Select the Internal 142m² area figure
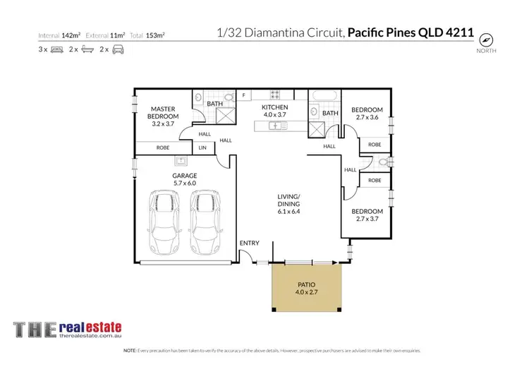60,35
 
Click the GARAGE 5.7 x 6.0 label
184,179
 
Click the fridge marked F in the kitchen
243,95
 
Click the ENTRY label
249,243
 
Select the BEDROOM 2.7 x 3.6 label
367,114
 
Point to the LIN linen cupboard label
202,147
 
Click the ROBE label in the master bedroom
162,147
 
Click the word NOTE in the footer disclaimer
130,351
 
